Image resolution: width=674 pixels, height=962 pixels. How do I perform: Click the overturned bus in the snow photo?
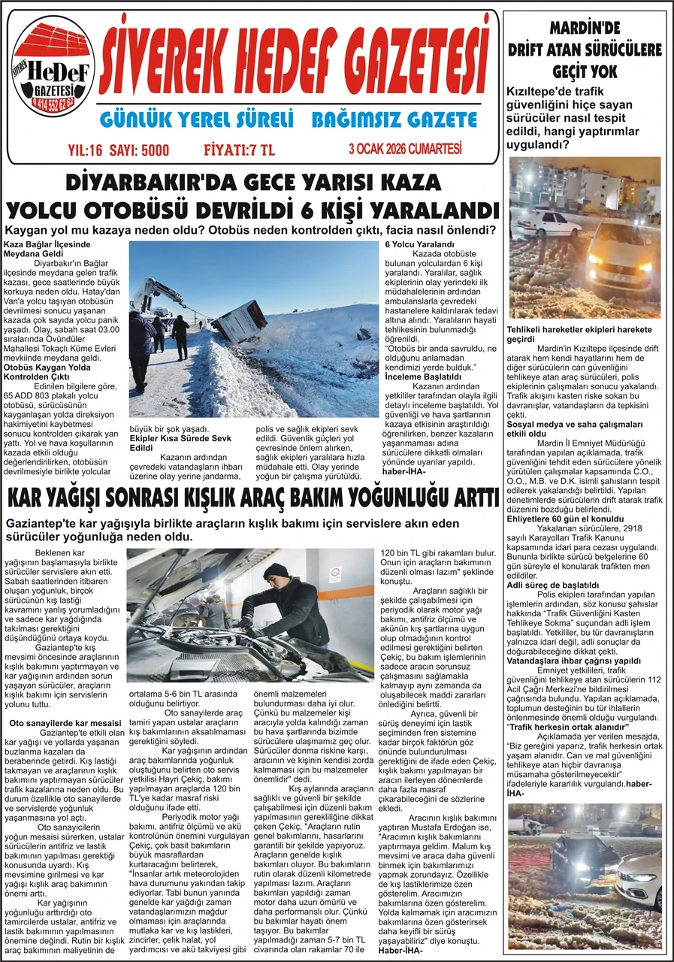tap(239, 321)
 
